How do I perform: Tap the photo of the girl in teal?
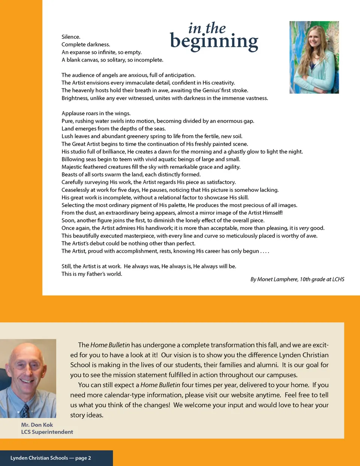coord(314,57)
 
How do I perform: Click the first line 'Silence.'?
coord(71,37)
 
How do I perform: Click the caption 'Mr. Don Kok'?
coord(37,425)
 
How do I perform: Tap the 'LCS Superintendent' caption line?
coord(47,432)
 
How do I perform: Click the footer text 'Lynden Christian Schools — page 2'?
coord(51,458)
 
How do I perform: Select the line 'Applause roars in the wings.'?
coord(96,113)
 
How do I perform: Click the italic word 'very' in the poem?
coord(304,228)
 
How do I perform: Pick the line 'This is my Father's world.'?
coord(92,274)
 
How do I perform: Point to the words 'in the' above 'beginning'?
coord(207,28)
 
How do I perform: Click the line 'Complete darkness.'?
coord(86,44)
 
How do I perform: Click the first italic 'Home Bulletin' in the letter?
coord(110,345)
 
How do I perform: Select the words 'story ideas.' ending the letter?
coord(87,415)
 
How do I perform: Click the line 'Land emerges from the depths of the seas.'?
coord(114,129)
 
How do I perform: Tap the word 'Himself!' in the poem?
coord(273,213)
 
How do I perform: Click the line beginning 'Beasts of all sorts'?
coord(131,174)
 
